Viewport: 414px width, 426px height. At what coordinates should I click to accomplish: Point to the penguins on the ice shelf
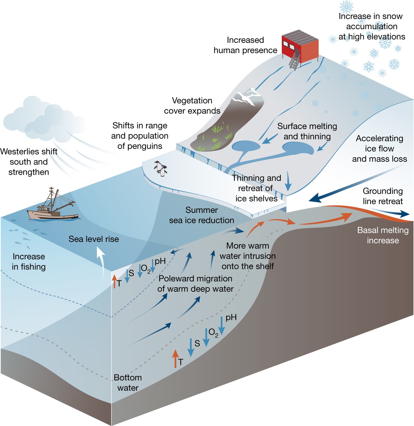tap(161, 169)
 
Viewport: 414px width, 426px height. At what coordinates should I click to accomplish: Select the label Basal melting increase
tap(383, 235)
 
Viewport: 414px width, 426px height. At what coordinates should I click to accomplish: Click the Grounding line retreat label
tap(383, 196)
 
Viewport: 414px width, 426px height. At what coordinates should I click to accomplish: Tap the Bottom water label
tap(128, 383)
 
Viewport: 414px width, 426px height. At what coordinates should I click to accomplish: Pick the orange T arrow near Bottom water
tap(175, 358)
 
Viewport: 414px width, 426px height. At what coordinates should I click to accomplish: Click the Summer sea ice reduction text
tap(201, 215)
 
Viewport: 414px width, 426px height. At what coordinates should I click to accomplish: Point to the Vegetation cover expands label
tap(192, 106)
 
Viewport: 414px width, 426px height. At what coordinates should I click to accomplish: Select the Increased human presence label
tap(245, 45)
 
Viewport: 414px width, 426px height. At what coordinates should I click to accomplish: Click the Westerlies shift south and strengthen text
tap(29, 162)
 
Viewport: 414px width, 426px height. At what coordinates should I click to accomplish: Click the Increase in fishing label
tap(29, 262)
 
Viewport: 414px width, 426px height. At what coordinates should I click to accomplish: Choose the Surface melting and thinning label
tap(307, 131)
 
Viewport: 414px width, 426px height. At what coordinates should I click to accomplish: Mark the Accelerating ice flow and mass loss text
tap(379, 149)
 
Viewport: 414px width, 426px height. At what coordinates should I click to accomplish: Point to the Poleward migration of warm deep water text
tap(196, 284)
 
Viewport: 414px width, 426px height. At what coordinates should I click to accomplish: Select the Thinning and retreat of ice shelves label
tap(256, 188)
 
